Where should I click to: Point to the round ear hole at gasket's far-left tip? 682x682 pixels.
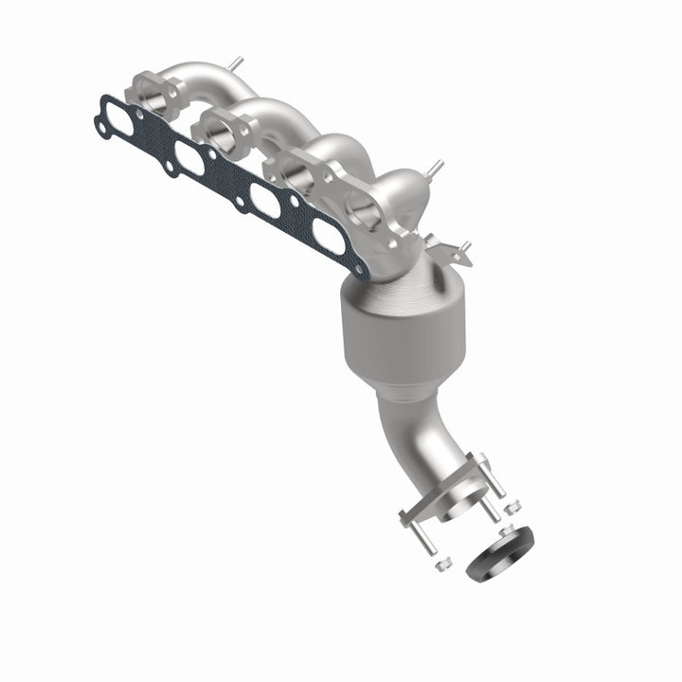(101, 123)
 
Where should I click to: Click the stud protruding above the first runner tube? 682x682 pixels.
(234, 63)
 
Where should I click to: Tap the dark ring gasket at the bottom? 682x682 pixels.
(501, 553)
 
